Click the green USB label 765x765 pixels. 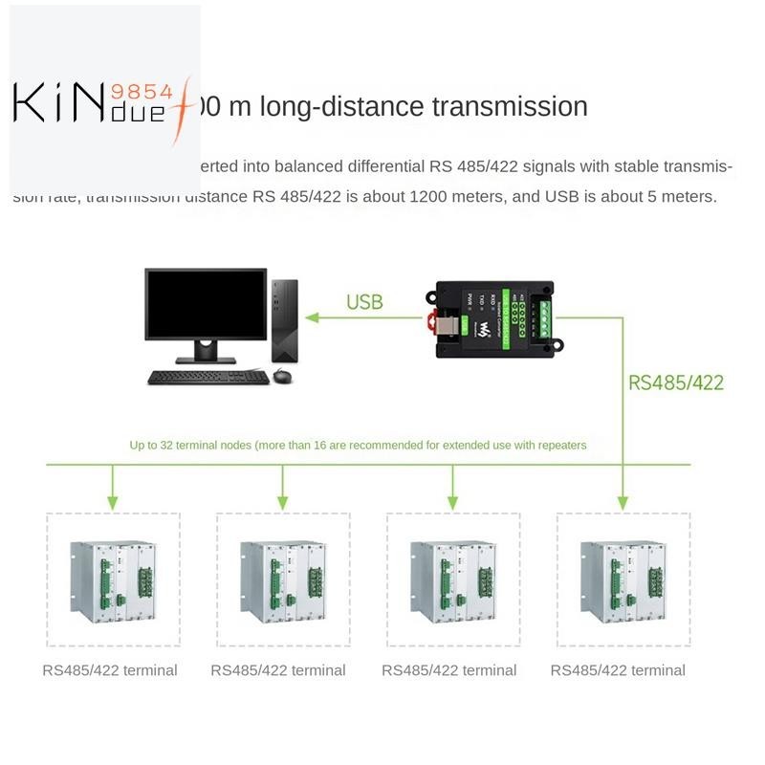[x=364, y=303]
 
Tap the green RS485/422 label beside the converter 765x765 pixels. [x=675, y=383]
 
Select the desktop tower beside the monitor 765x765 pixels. [x=284, y=319]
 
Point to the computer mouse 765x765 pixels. [x=282, y=376]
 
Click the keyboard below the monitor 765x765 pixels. [x=208, y=377]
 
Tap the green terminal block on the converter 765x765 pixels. [x=544, y=317]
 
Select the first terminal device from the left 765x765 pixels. [x=113, y=581]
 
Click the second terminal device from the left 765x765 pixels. [x=283, y=581]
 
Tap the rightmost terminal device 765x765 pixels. [x=623, y=581]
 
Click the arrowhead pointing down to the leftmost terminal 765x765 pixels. [x=113, y=501]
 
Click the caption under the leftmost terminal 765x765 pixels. [x=110, y=670]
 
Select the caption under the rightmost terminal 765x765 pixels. [x=618, y=670]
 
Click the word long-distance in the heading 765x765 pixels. [x=340, y=106]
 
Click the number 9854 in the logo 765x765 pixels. [x=142, y=92]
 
